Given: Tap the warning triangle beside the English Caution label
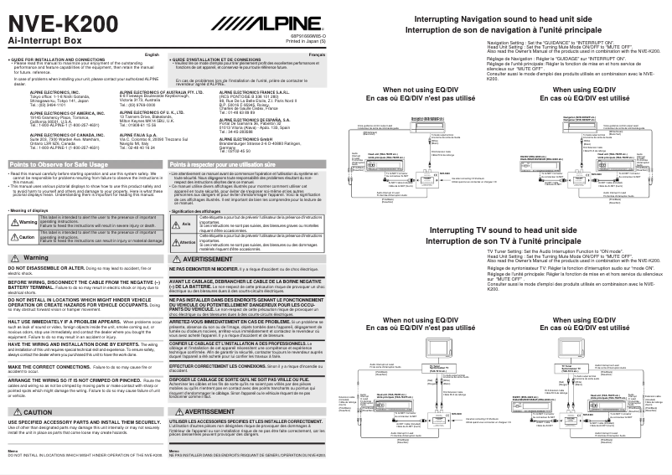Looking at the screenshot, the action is click(x=12, y=237).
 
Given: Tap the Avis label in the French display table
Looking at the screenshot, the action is click(x=187, y=225).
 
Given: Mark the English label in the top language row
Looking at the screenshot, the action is click(x=151, y=54).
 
